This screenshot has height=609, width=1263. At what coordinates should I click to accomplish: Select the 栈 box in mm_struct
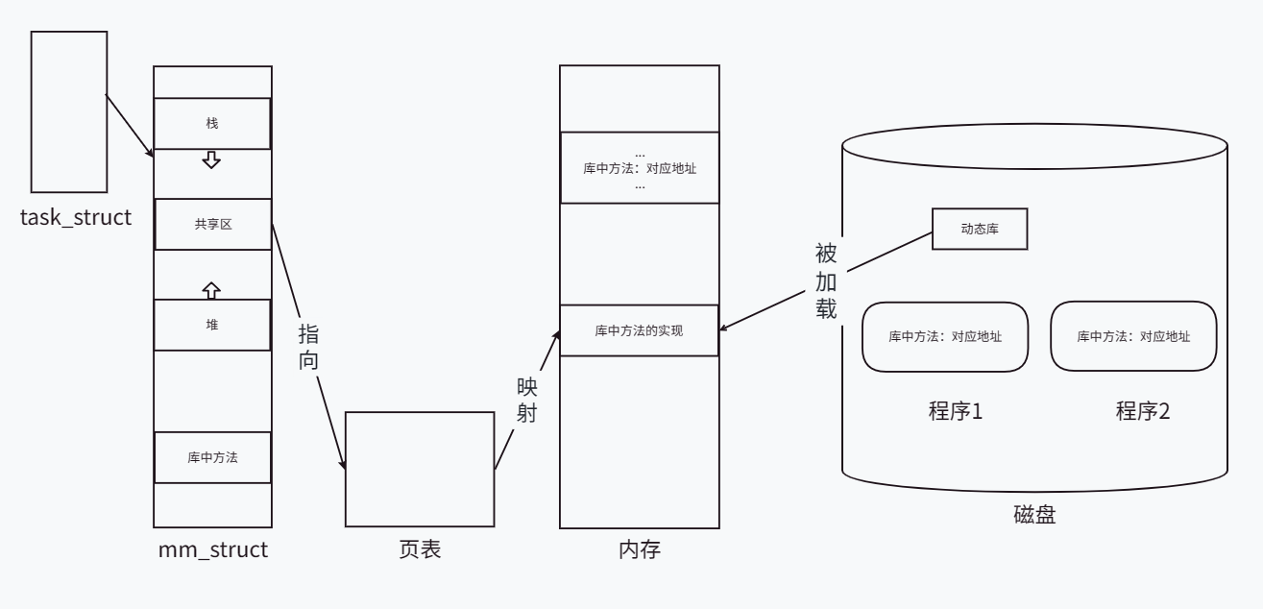point(212,124)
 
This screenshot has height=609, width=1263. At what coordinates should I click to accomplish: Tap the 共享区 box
point(212,224)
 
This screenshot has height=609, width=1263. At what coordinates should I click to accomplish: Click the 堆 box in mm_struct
point(212,325)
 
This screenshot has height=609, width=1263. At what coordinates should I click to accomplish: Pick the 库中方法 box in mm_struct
point(212,457)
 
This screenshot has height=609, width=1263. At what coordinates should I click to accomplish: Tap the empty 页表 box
point(420,469)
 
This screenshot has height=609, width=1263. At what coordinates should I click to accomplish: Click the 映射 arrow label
point(527,402)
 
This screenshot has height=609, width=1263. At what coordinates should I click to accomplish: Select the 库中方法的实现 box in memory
point(639,330)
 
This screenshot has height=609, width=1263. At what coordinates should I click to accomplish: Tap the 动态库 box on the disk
point(980,229)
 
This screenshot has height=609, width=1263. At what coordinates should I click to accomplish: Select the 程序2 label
point(1142,412)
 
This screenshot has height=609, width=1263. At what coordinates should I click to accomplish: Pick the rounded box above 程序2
point(1133,336)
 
